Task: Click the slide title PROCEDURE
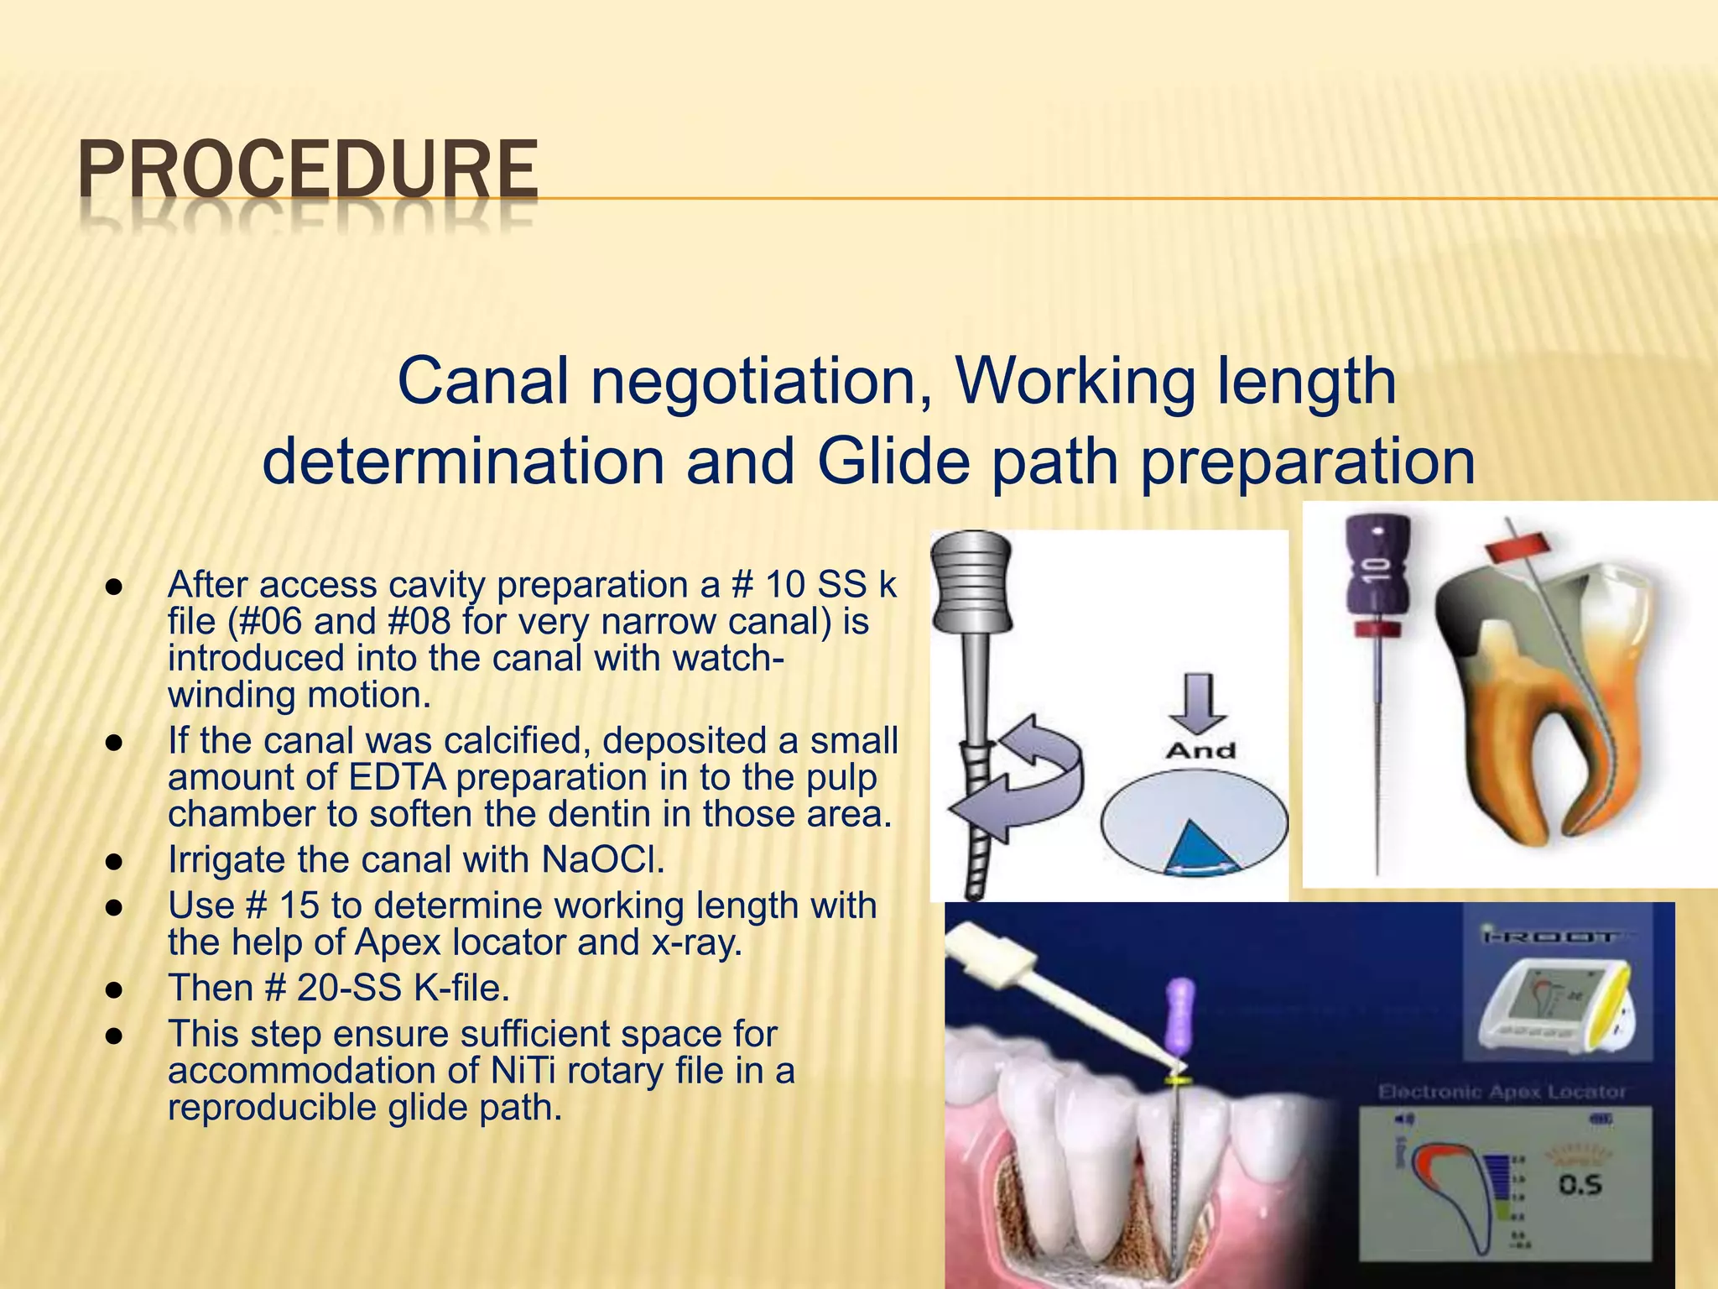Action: coord(308,170)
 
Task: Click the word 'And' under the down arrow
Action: coord(1200,750)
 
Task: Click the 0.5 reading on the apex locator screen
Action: coord(1580,1185)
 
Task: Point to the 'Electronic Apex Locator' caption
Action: coord(1502,1092)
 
